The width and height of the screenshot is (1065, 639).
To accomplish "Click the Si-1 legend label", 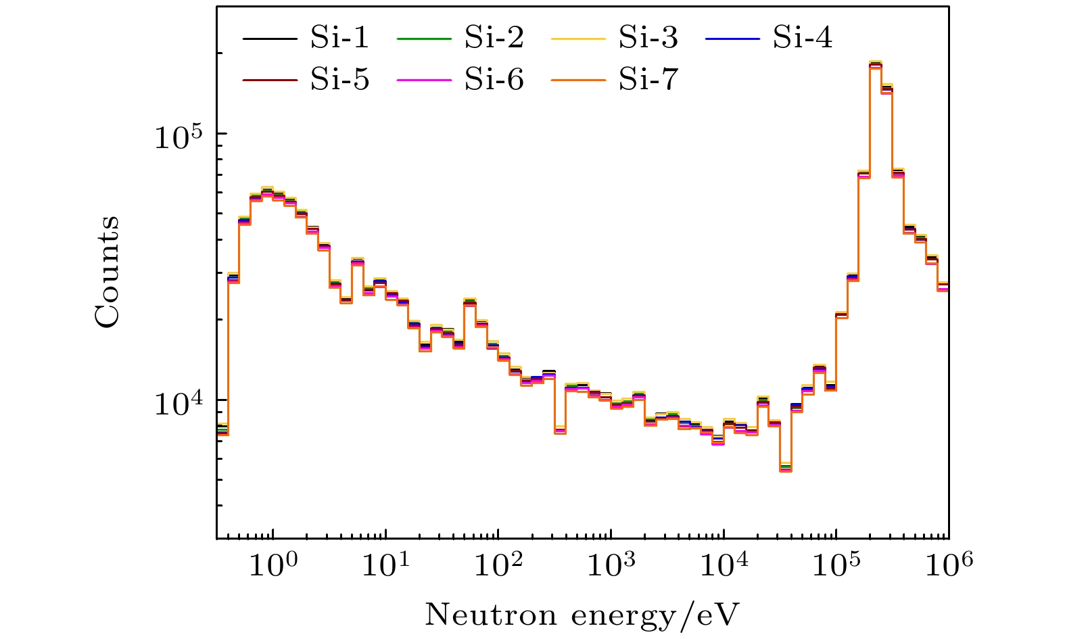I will point(339,38).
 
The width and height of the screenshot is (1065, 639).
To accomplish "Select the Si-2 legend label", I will point(494,38).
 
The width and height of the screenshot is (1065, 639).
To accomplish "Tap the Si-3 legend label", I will point(648,38).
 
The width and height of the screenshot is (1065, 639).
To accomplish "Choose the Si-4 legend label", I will point(803,38).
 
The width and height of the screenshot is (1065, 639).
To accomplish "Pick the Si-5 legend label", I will point(339,79).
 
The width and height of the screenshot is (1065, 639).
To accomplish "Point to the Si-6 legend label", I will point(494,79).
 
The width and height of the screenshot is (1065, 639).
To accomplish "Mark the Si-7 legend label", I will point(648,79).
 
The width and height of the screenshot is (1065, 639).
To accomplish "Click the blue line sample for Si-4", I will point(733,39).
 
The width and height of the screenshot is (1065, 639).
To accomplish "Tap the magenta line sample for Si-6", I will point(424,80).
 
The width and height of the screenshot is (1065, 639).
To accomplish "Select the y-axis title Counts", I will point(107,272).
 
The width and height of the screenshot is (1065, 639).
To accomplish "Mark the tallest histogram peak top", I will point(876,64).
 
